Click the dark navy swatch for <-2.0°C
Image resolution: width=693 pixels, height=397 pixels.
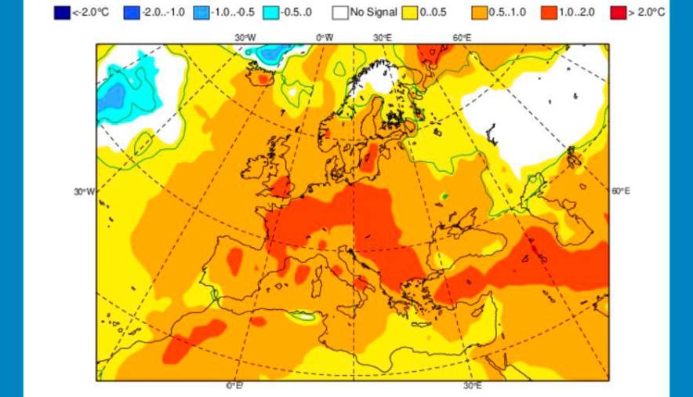[x=61, y=13]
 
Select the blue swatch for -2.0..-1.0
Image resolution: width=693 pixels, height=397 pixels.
[x=131, y=13]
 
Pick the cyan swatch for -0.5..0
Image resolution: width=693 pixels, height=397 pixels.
[x=270, y=13]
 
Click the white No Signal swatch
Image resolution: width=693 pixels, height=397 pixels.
[x=339, y=13]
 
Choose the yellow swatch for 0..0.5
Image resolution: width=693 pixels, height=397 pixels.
[x=409, y=13]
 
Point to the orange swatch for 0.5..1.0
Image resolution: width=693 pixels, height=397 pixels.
[x=478, y=13]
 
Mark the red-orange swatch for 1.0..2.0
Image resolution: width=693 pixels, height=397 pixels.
[x=548, y=13]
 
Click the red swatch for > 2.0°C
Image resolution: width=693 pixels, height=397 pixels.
[x=618, y=13]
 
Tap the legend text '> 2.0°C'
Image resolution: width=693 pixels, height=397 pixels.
[x=648, y=13]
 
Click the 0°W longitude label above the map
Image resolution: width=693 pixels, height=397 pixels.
[x=325, y=37]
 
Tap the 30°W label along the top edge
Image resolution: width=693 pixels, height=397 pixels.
[x=245, y=37]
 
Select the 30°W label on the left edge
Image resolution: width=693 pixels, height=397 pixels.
[x=84, y=191]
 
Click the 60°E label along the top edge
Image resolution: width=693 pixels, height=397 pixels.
[x=462, y=37]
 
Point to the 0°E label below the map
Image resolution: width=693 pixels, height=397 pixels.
[x=234, y=386]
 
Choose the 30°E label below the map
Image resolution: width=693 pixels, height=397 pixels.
[x=472, y=386]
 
